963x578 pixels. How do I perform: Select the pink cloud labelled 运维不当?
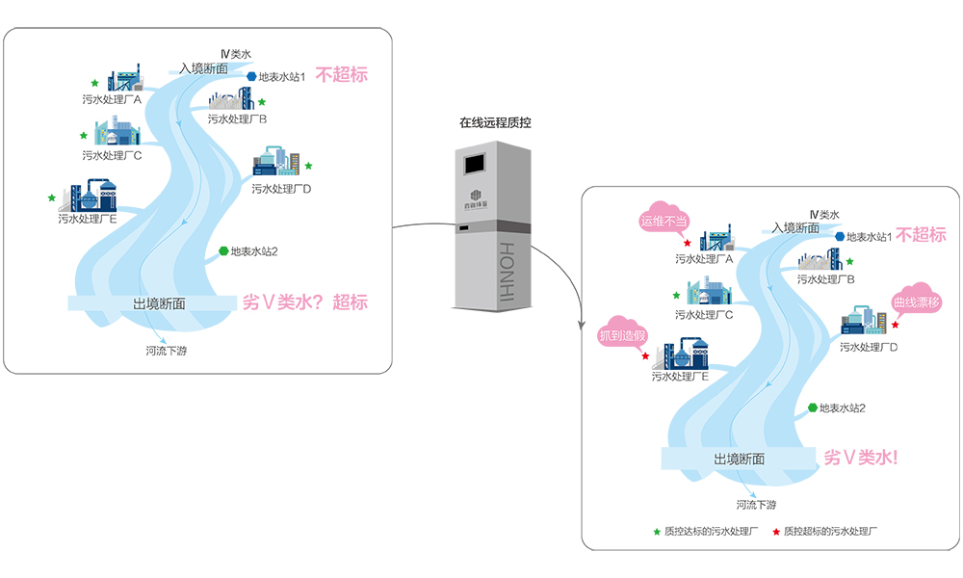tap(664, 220)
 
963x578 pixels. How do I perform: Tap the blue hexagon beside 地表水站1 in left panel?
tap(251, 76)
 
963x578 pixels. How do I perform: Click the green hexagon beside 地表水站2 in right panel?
tap(813, 407)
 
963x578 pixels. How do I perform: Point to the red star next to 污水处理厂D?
tap(895, 325)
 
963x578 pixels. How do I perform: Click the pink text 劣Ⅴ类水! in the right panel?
tap(861, 458)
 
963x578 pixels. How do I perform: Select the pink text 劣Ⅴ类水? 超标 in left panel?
tap(304, 302)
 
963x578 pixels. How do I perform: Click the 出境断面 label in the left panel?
tap(159, 303)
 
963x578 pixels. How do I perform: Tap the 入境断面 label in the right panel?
tap(795, 228)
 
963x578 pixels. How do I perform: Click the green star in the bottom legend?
tap(657, 531)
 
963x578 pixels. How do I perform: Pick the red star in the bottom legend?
tap(775, 531)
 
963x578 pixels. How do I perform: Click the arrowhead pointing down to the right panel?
tap(581, 320)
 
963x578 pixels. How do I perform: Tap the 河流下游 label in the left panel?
tap(166, 350)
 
